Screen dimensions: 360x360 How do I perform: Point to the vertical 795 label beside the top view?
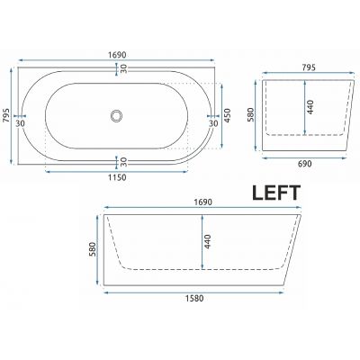(x=8, y=116)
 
